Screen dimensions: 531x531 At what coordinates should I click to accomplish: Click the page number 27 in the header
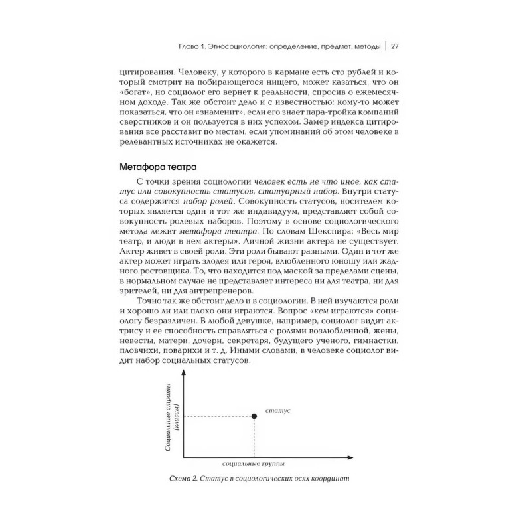coord(394,46)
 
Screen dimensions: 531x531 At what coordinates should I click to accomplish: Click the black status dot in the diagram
coord(254,416)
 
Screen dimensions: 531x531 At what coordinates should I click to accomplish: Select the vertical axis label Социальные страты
coord(168,417)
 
